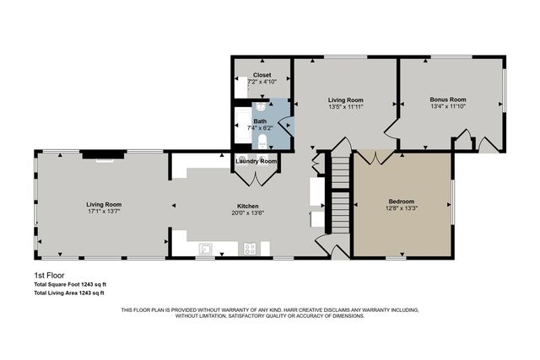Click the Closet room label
[262, 75]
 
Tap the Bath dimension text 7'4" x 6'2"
[262, 128]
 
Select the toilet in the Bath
[263, 141]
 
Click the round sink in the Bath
[262, 107]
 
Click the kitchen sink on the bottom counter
[205, 248]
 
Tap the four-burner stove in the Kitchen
[250, 248]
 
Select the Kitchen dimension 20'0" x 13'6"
[247, 212]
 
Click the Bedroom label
[401, 201]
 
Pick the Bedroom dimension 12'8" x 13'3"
[401, 209]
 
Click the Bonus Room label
[447, 99]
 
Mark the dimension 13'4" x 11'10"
[447, 107]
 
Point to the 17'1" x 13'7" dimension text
[103, 212]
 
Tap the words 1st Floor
[49, 275]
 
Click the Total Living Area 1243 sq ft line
[69, 293]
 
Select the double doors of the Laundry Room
[256, 175]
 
